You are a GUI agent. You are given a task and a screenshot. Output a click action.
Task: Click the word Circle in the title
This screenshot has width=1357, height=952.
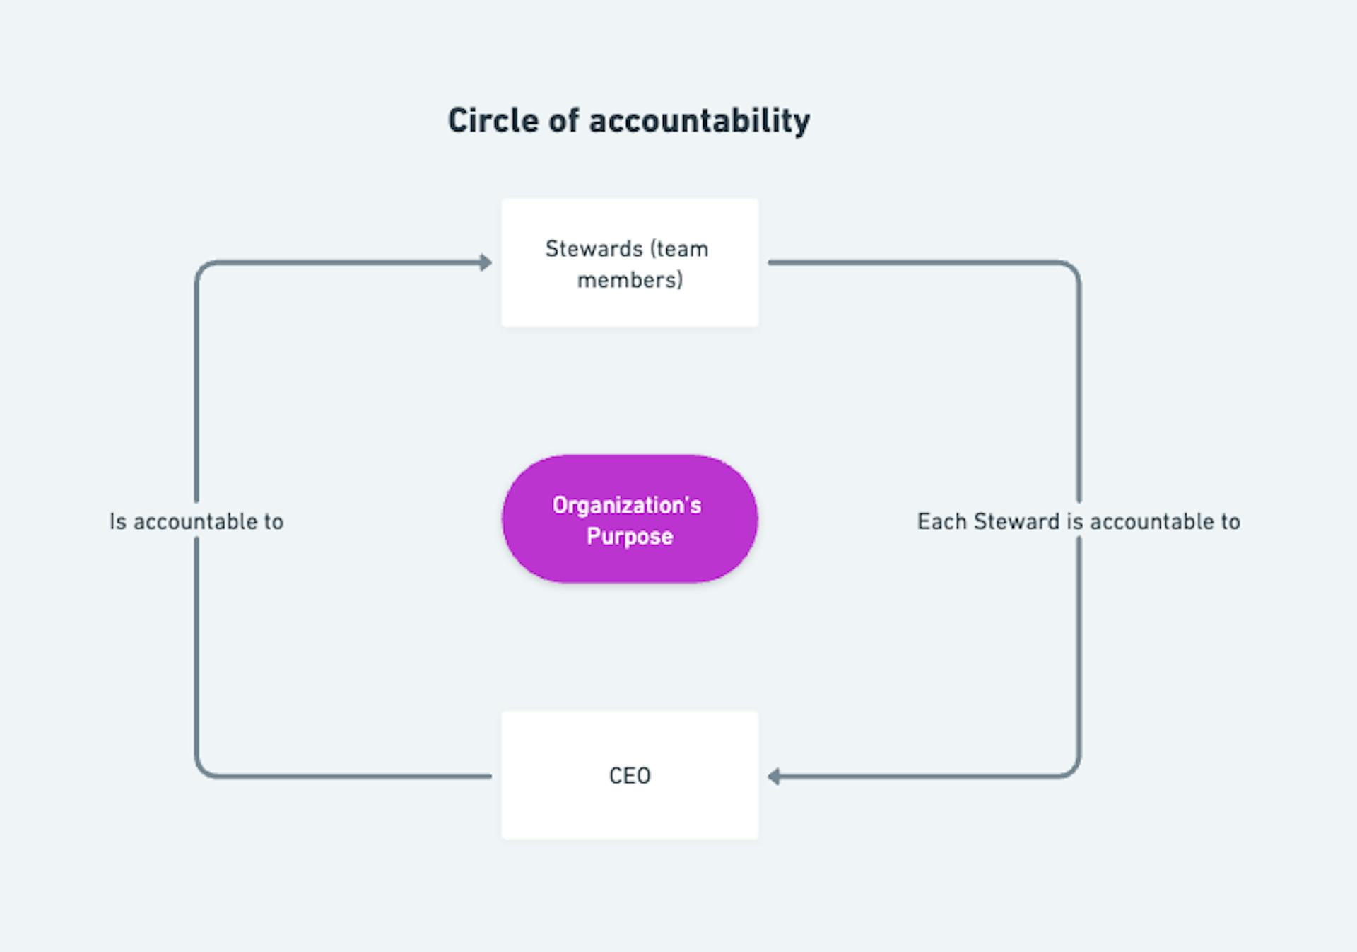(494, 120)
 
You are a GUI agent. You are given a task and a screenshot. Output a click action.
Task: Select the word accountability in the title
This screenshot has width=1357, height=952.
(700, 122)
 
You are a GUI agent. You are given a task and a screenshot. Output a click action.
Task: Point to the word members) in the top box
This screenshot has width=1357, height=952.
(630, 280)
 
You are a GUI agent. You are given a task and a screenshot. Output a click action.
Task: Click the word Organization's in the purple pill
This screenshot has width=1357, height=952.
(627, 505)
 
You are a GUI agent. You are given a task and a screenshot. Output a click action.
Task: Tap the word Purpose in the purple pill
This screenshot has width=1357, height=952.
(630, 536)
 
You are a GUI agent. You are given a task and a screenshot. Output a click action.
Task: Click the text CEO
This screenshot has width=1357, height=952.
(630, 776)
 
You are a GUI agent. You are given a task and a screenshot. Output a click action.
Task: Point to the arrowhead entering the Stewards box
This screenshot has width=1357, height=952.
(486, 262)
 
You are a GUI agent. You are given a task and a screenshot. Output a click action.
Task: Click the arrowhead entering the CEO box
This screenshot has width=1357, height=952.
(775, 777)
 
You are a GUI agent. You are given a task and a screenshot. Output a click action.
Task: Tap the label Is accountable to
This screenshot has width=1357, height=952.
(196, 522)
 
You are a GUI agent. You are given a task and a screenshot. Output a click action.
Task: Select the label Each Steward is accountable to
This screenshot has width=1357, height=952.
(1079, 522)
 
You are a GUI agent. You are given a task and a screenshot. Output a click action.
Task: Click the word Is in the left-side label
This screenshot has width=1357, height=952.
(118, 522)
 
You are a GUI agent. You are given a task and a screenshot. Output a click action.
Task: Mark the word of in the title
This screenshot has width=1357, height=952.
(564, 120)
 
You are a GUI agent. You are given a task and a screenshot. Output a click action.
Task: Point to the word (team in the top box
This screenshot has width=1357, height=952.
(679, 249)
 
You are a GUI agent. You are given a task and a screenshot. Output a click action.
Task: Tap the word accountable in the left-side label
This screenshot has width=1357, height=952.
(195, 522)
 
